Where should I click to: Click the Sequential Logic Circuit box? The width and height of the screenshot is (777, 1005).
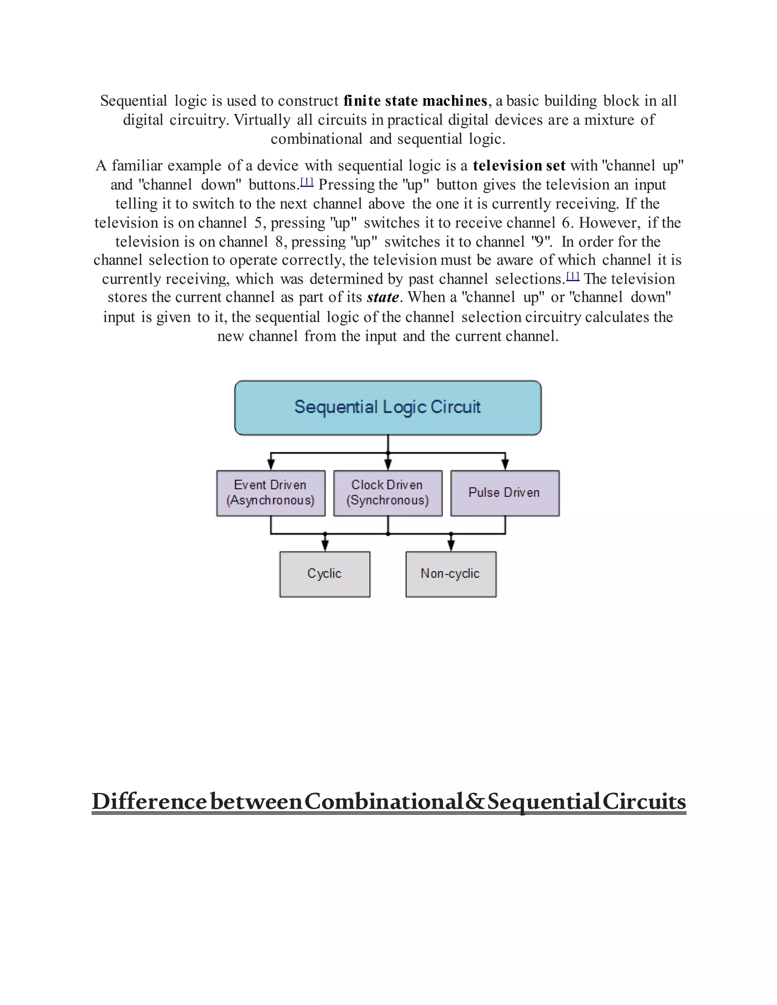(x=388, y=407)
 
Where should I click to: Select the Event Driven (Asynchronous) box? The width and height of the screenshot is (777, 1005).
(x=271, y=493)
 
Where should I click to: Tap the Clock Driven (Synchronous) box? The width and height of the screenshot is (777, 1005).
(x=388, y=493)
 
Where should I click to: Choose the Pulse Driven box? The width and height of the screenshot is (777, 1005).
(x=505, y=493)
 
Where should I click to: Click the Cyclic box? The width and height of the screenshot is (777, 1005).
(x=324, y=574)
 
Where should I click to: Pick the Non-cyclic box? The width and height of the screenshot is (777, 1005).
(x=451, y=574)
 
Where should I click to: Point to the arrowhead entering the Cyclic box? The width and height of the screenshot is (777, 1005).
(x=325, y=546)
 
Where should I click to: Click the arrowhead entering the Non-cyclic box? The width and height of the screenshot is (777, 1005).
(x=451, y=546)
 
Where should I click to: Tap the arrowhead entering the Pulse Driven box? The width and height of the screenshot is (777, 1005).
(x=505, y=465)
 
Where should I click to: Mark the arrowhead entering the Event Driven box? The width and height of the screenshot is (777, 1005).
(x=271, y=465)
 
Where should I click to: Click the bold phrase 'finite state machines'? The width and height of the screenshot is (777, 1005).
(x=415, y=101)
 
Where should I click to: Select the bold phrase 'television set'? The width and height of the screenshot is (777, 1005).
(x=519, y=166)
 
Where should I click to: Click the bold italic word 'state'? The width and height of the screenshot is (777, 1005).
(x=382, y=297)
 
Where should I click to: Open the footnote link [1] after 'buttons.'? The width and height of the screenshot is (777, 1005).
(x=307, y=182)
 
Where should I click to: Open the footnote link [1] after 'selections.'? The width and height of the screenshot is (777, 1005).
(x=573, y=276)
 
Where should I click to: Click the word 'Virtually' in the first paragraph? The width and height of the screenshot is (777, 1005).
(x=262, y=120)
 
